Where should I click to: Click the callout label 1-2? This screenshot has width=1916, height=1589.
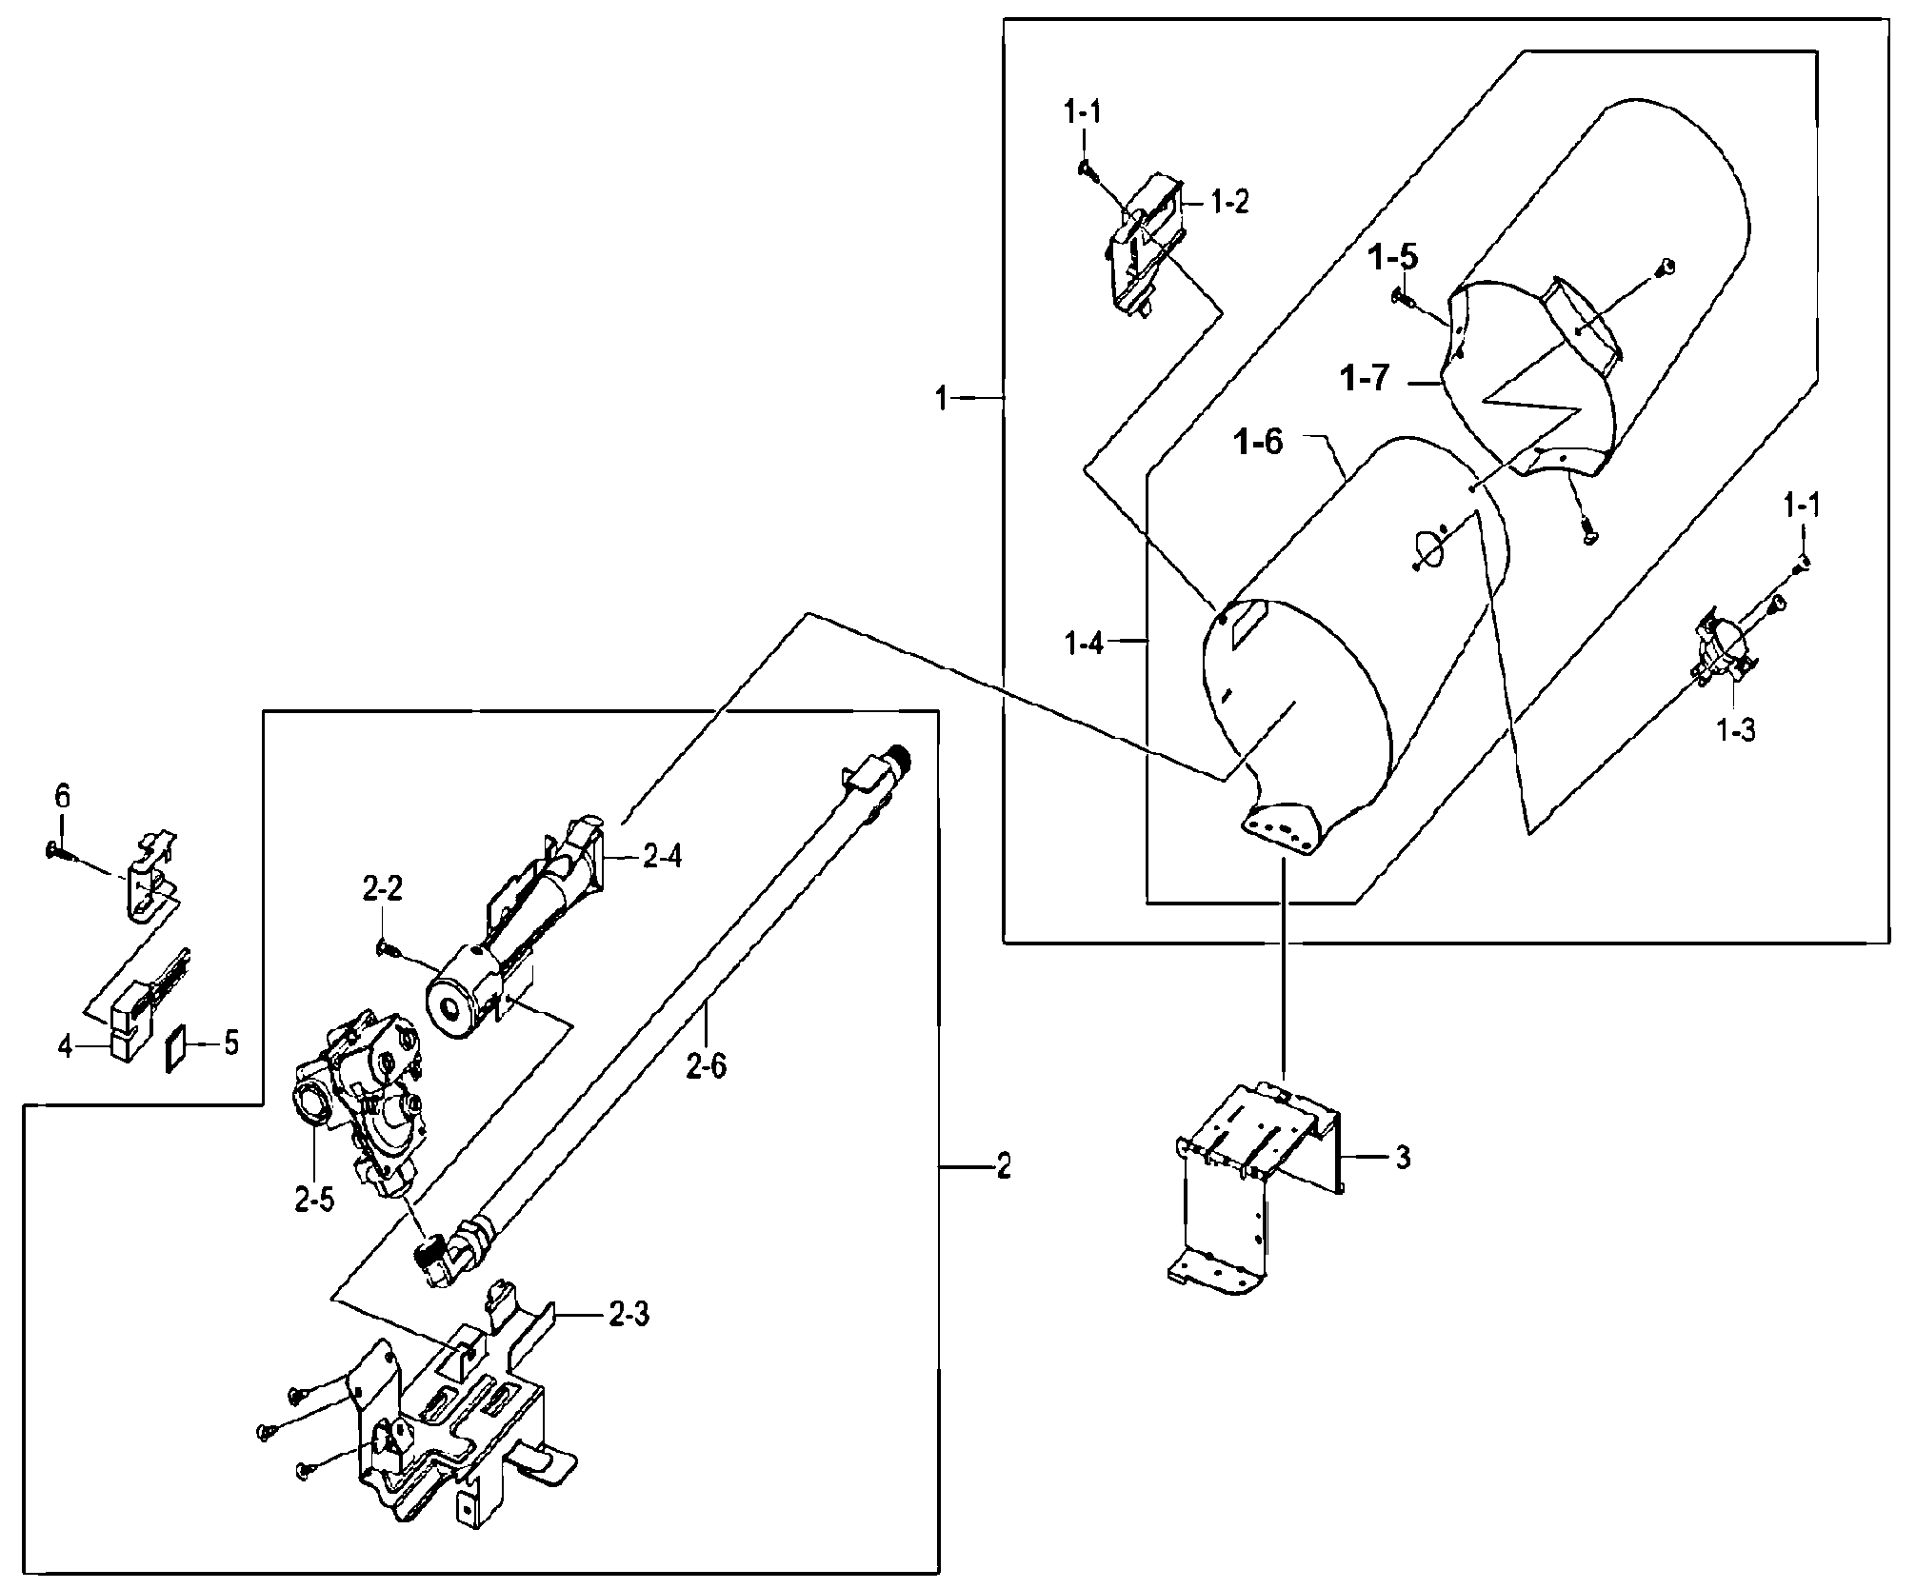coord(1229,202)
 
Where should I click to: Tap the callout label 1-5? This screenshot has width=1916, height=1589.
coord(1394,257)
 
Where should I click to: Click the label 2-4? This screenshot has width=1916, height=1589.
coord(662,857)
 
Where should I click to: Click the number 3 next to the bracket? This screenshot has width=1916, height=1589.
coord(1403,1159)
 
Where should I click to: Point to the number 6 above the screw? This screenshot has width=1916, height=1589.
coord(62,796)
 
